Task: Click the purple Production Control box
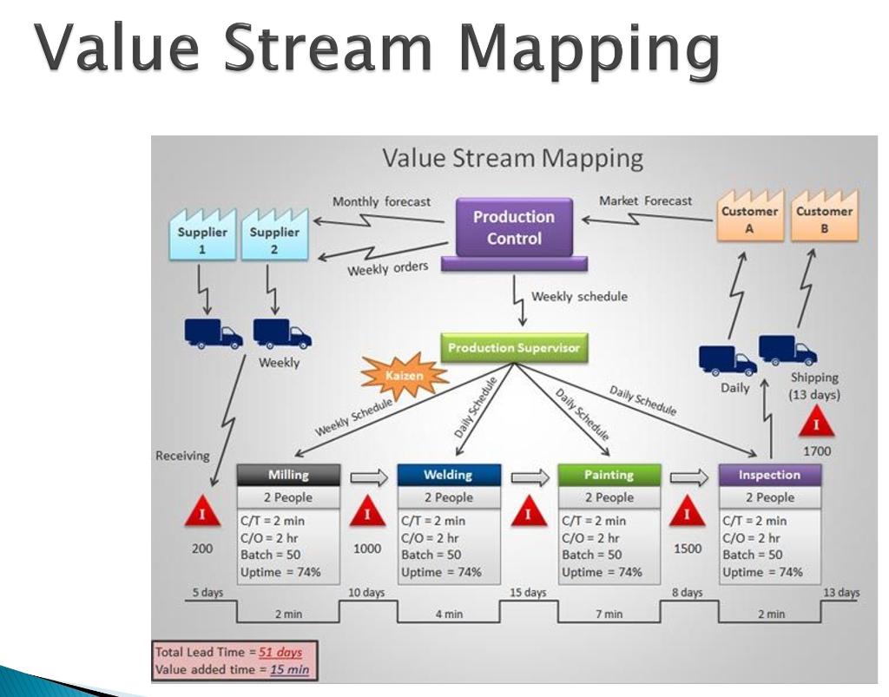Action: [x=514, y=228]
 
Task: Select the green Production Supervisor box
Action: [x=514, y=348]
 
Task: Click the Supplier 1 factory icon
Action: [x=201, y=235]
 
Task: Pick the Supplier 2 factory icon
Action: [x=273, y=235]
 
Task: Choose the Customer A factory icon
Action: [x=749, y=215]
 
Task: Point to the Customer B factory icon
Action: [x=824, y=215]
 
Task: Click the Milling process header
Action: [x=287, y=475]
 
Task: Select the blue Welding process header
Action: [x=448, y=475]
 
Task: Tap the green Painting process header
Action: [x=609, y=475]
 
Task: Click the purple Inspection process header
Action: [x=769, y=475]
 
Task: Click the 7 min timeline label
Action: [x=608, y=615]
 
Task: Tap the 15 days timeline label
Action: [x=528, y=593]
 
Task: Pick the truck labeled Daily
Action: [x=727, y=358]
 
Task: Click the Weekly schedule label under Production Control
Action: [x=579, y=297]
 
